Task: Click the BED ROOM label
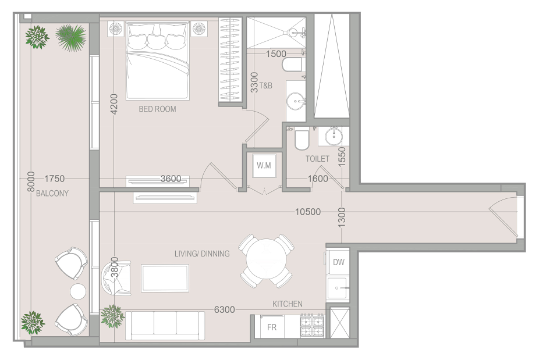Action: pos(157,109)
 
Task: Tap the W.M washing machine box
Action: pos(264,165)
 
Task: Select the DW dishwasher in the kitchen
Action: pos(338,262)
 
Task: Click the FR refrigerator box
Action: pos(272,326)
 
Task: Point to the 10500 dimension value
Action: pos(308,212)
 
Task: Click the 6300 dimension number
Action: pos(225,309)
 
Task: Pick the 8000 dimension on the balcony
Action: pos(31,181)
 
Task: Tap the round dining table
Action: pos(267,261)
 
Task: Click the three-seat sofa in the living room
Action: pos(165,326)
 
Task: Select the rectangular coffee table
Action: pos(165,278)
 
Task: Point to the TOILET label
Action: pos(317,159)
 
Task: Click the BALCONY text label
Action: pos(52,193)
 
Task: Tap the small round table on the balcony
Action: pos(78,291)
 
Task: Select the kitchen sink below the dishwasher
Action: pos(338,288)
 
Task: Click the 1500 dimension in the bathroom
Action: pos(276,54)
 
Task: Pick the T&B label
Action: pos(266,85)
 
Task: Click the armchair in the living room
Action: pos(116,278)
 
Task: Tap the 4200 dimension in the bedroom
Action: pos(114,104)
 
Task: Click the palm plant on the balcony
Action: pos(71,37)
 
